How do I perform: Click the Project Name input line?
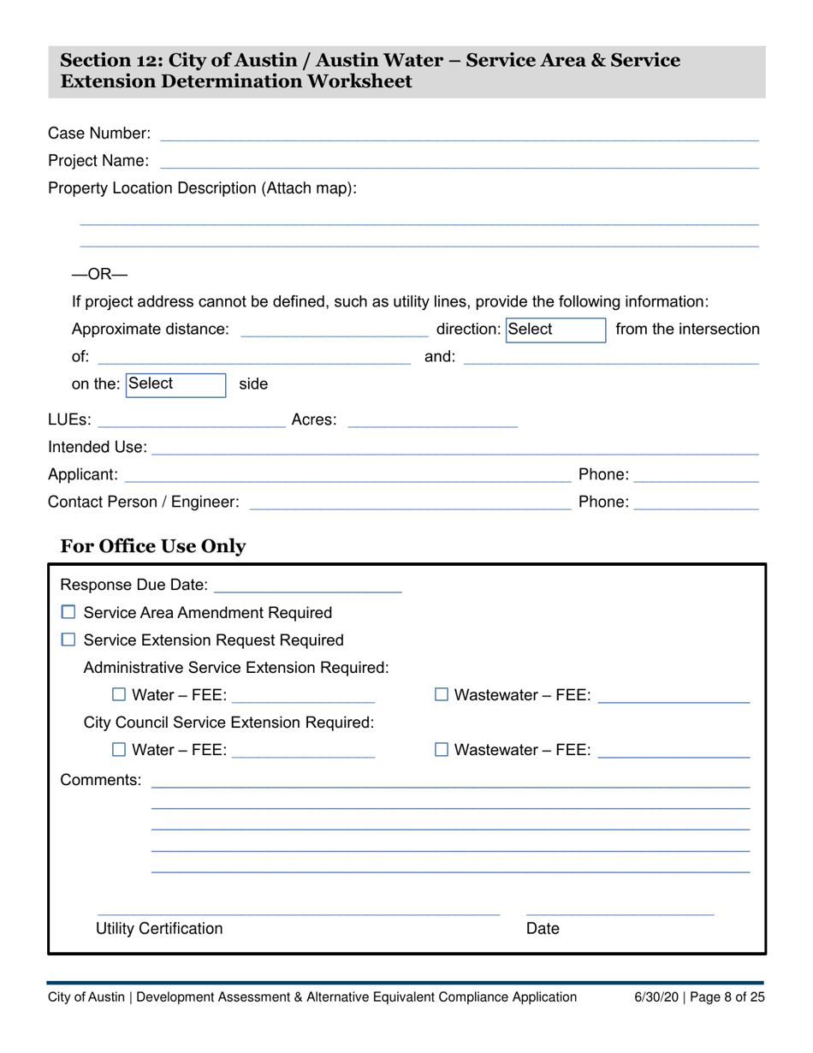[459, 161]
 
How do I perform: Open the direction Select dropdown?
[555, 330]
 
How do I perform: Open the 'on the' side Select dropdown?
[175, 384]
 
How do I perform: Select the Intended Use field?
[454, 448]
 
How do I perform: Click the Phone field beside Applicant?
[697, 475]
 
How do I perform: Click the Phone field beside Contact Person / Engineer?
[697, 503]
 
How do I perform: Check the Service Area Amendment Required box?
[69, 613]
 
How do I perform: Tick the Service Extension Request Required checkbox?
[69, 640]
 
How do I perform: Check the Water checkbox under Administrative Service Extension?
[119, 695]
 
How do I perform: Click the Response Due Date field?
[307, 586]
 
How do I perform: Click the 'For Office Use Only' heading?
[153, 546]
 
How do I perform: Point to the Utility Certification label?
[159, 929]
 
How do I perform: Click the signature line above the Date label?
[620, 912]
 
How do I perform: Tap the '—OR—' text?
[99, 275]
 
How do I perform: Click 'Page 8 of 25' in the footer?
[725, 996]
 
